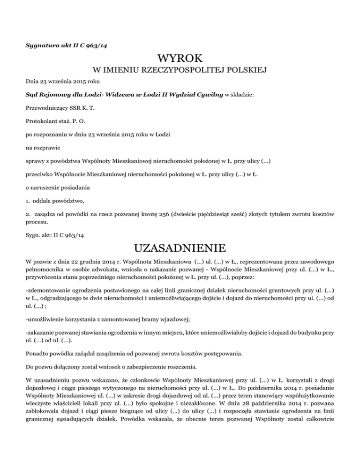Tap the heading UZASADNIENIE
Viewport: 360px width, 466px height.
point(180,247)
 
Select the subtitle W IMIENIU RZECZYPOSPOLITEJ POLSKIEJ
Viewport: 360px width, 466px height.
point(180,71)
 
